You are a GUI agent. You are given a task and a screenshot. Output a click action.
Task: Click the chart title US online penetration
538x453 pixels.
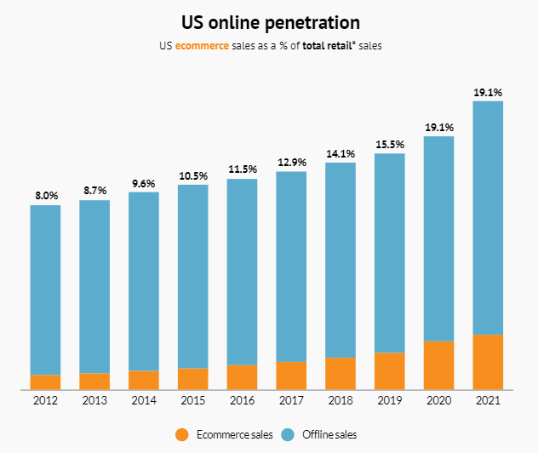[x=270, y=21]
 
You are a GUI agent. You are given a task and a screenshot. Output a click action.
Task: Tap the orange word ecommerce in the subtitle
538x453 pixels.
[x=202, y=45]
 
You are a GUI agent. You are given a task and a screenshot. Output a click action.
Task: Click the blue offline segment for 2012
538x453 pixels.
[x=45, y=290]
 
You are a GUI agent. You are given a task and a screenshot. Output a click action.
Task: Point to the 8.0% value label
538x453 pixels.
[x=45, y=195]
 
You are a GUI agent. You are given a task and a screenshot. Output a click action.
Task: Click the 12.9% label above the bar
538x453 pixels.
[x=291, y=162]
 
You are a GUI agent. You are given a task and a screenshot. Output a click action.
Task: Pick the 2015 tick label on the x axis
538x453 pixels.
[x=192, y=400]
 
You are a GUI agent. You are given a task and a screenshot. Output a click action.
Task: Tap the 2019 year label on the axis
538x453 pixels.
[x=389, y=400]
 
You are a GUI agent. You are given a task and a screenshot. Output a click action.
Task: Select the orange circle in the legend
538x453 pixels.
[x=180, y=435]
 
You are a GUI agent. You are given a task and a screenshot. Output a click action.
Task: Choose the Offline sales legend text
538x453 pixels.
[x=329, y=435]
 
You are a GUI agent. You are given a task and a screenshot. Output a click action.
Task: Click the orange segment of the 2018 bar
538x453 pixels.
[x=341, y=373]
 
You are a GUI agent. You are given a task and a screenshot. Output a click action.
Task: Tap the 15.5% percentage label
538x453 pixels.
[x=390, y=144]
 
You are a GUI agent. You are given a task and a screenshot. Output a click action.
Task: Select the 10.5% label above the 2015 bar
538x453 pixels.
[x=193, y=175]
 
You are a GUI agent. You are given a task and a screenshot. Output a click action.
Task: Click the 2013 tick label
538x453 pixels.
[x=94, y=400]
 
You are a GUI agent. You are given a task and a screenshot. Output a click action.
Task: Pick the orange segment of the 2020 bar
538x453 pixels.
[x=438, y=365]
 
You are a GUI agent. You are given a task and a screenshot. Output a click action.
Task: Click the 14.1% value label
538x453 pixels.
[x=341, y=153]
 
